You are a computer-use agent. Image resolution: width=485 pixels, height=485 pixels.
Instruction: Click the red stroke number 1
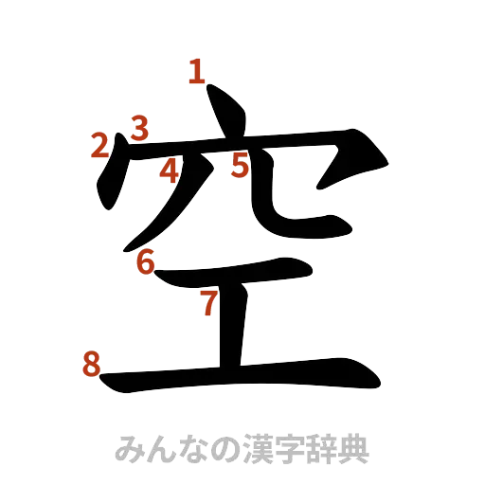coord(197,72)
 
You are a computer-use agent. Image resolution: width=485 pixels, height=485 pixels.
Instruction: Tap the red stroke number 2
coord(101,145)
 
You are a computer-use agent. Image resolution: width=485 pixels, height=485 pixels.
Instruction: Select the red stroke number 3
coord(139,128)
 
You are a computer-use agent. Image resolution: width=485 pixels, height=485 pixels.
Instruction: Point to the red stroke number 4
coord(170,171)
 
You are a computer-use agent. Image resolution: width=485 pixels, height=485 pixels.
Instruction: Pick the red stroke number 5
coord(241,166)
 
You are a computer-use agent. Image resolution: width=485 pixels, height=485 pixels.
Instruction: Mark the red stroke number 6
coord(145,262)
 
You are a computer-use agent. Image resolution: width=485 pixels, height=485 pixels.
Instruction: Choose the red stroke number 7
coord(208,303)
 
